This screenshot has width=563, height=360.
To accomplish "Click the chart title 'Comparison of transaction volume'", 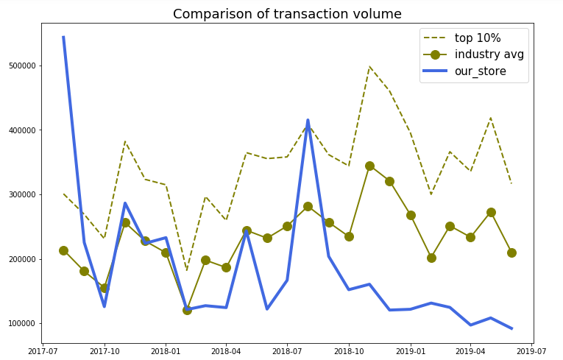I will (x=287, y=14).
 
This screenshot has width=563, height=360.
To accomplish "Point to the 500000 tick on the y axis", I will (x=22, y=66).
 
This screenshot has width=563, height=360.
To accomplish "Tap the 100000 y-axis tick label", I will (x=22, y=324).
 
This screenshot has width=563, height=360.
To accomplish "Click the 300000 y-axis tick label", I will (x=22, y=195).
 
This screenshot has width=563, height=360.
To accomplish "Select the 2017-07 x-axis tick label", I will (x=43, y=351).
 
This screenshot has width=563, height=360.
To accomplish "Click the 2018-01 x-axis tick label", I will (x=166, y=351).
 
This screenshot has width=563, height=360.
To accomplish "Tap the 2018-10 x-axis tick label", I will (x=349, y=351).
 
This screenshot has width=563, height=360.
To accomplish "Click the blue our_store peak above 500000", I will (x=63, y=37).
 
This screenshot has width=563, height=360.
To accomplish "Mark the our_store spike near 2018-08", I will (x=308, y=120).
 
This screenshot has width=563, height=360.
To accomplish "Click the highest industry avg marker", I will (x=369, y=166).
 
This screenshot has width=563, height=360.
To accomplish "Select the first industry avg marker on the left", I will (x=63, y=250).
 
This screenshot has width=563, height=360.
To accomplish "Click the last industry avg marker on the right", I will (x=511, y=253).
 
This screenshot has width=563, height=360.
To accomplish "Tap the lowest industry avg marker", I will (x=187, y=310).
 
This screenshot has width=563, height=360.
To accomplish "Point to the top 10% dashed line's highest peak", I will (x=369, y=67).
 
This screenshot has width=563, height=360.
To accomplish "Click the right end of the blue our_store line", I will (x=511, y=328).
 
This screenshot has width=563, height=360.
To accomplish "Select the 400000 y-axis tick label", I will (x=22, y=130).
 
